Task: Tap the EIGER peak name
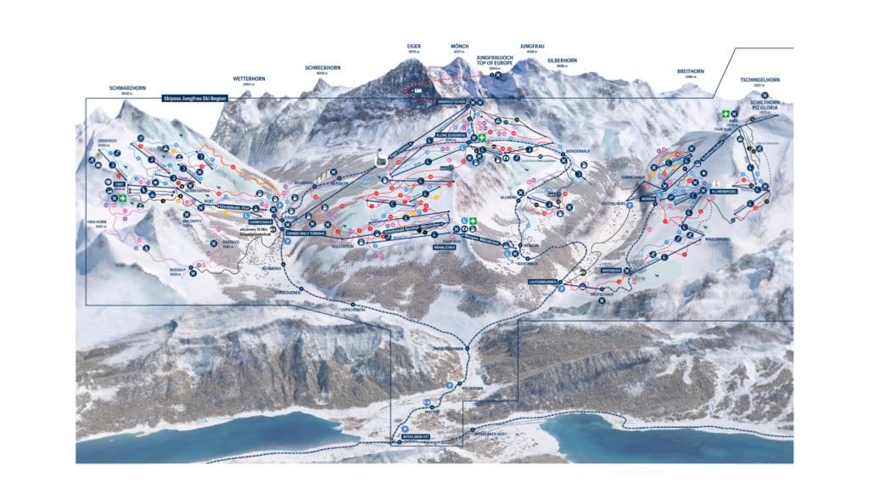click(414, 48)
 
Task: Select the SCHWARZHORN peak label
click(128, 88)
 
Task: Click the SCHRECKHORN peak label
click(322, 68)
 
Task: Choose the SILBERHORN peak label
click(562, 61)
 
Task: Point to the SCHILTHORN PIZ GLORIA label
click(765, 105)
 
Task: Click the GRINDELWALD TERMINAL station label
click(306, 232)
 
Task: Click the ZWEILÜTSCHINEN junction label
click(446, 349)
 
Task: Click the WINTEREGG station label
click(612, 270)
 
